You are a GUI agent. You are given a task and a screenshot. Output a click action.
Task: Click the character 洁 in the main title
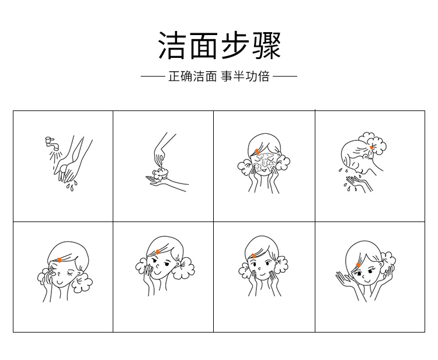pyautogui.click(x=172, y=45)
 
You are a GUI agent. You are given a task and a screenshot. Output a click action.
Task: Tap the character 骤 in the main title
pyautogui.click(x=266, y=45)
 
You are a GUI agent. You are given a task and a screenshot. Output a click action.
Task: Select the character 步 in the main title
pyautogui.click(x=235, y=45)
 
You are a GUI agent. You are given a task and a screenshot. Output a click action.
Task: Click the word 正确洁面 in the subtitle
pyautogui.click(x=193, y=77)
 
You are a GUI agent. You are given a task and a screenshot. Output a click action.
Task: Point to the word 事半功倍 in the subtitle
pyautogui.click(x=245, y=77)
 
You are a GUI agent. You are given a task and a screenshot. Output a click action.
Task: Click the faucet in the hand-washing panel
pyautogui.click(x=52, y=143)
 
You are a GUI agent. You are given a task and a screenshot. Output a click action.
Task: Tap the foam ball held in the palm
pyautogui.click(x=160, y=174)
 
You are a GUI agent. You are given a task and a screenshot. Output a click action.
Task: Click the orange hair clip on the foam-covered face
pyautogui.click(x=257, y=151)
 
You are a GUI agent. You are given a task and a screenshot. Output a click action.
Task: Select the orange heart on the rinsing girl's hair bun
pyautogui.click(x=371, y=148)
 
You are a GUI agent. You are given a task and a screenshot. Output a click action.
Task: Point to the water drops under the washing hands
pyautogui.click(x=71, y=186)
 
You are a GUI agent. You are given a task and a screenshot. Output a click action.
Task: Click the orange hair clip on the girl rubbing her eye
pyautogui.click(x=59, y=260)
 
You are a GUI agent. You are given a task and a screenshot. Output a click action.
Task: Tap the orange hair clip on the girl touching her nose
pyautogui.click(x=158, y=252)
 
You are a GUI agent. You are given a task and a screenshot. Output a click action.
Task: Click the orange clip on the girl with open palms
pyautogui.click(x=358, y=265)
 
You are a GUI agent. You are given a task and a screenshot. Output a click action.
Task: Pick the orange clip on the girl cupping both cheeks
pyautogui.click(x=253, y=256)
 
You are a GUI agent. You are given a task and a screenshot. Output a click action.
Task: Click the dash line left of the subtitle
pyautogui.click(x=153, y=76)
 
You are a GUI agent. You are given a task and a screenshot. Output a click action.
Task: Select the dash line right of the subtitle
pyautogui.click(x=285, y=76)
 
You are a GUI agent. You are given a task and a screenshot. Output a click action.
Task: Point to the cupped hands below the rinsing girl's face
pyautogui.click(x=359, y=182)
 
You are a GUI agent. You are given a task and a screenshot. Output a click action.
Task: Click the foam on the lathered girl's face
pyautogui.click(x=263, y=161)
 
